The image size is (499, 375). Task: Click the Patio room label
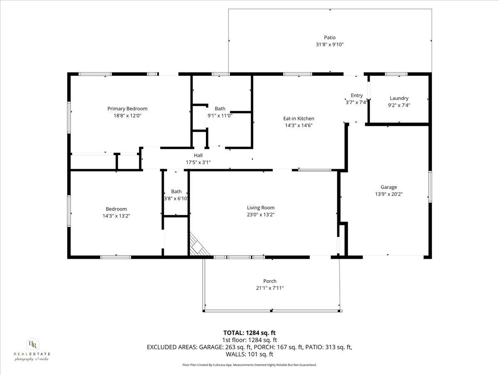click(x=330, y=37)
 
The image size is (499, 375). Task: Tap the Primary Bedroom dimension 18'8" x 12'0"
click(x=127, y=116)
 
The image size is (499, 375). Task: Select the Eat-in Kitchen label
click(x=299, y=118)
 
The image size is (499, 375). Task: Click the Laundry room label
click(x=399, y=98)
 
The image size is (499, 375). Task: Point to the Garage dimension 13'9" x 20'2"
click(x=389, y=194)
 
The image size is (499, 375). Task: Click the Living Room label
click(x=261, y=207)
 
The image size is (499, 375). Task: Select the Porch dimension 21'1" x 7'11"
click(x=270, y=288)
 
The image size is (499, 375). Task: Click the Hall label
click(x=198, y=155)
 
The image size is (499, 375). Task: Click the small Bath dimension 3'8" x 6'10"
click(x=176, y=198)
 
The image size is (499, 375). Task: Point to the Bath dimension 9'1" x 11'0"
click(x=220, y=115)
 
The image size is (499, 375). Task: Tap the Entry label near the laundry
click(x=356, y=95)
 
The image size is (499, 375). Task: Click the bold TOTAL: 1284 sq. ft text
click(x=249, y=332)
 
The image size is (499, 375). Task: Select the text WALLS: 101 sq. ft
click(x=249, y=354)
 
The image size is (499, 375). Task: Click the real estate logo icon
click(x=32, y=344)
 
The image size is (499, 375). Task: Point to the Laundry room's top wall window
click(x=396, y=74)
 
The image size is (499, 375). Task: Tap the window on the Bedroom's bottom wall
click(x=116, y=257)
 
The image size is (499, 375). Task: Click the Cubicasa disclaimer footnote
click(x=249, y=365)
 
